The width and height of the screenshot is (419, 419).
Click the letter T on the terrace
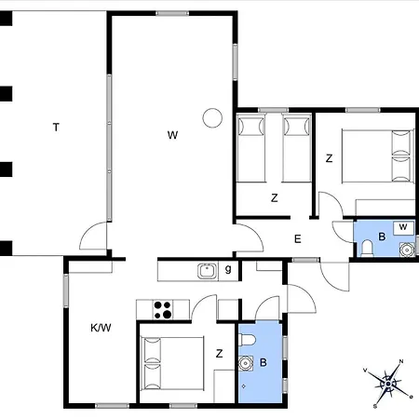[x=56, y=127]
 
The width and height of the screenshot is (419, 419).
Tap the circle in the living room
[x=212, y=118]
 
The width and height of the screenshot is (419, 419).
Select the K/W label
[x=101, y=328]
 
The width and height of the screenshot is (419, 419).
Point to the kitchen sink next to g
[x=207, y=271]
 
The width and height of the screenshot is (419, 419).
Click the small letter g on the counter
[x=228, y=271]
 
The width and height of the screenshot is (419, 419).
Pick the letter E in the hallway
[x=298, y=239]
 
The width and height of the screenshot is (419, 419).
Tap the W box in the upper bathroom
[x=402, y=227]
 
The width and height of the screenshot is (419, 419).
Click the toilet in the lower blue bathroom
[x=246, y=342]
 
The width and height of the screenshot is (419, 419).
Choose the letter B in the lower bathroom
[x=264, y=363]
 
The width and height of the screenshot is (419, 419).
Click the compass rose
[x=386, y=380]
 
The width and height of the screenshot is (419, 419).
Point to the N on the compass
[x=400, y=362]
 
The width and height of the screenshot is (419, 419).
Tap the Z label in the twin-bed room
[x=274, y=197]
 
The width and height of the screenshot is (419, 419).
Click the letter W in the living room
[x=172, y=135]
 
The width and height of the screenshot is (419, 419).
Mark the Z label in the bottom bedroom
[x=219, y=353]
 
